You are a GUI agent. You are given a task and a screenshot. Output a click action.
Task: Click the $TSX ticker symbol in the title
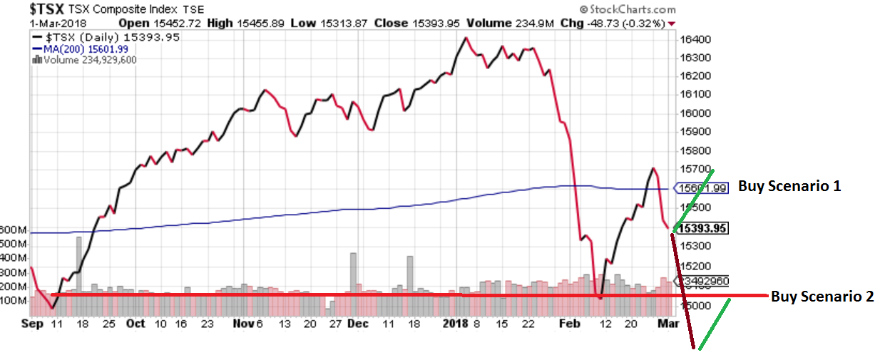(51, 9)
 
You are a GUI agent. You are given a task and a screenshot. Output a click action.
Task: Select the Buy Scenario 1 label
(789, 187)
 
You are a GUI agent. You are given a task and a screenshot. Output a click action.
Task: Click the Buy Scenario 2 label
(822, 297)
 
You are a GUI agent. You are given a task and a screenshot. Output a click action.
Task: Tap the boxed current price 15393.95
(704, 229)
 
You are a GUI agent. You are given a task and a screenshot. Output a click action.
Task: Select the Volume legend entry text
(90, 60)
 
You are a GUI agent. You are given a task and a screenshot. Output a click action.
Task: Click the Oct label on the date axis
(135, 324)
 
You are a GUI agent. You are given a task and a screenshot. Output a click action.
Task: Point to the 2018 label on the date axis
(454, 324)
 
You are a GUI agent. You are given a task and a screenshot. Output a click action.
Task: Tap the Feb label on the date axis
(569, 324)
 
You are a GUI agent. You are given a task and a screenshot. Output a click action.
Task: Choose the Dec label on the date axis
(358, 324)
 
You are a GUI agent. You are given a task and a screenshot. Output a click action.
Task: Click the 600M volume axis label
(14, 230)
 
